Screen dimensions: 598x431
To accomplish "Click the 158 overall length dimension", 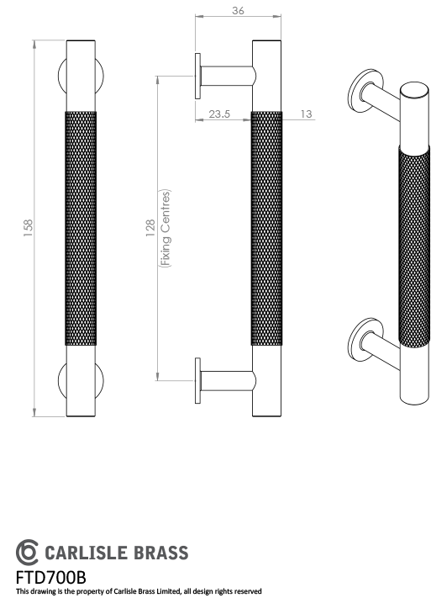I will pyautogui.click(x=28, y=227).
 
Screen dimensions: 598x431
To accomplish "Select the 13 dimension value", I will pyautogui.click(x=305, y=114).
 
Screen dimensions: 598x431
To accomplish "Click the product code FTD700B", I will pyautogui.click(x=51, y=577).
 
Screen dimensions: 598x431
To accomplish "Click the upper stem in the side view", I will pyautogui.click(x=227, y=77).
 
